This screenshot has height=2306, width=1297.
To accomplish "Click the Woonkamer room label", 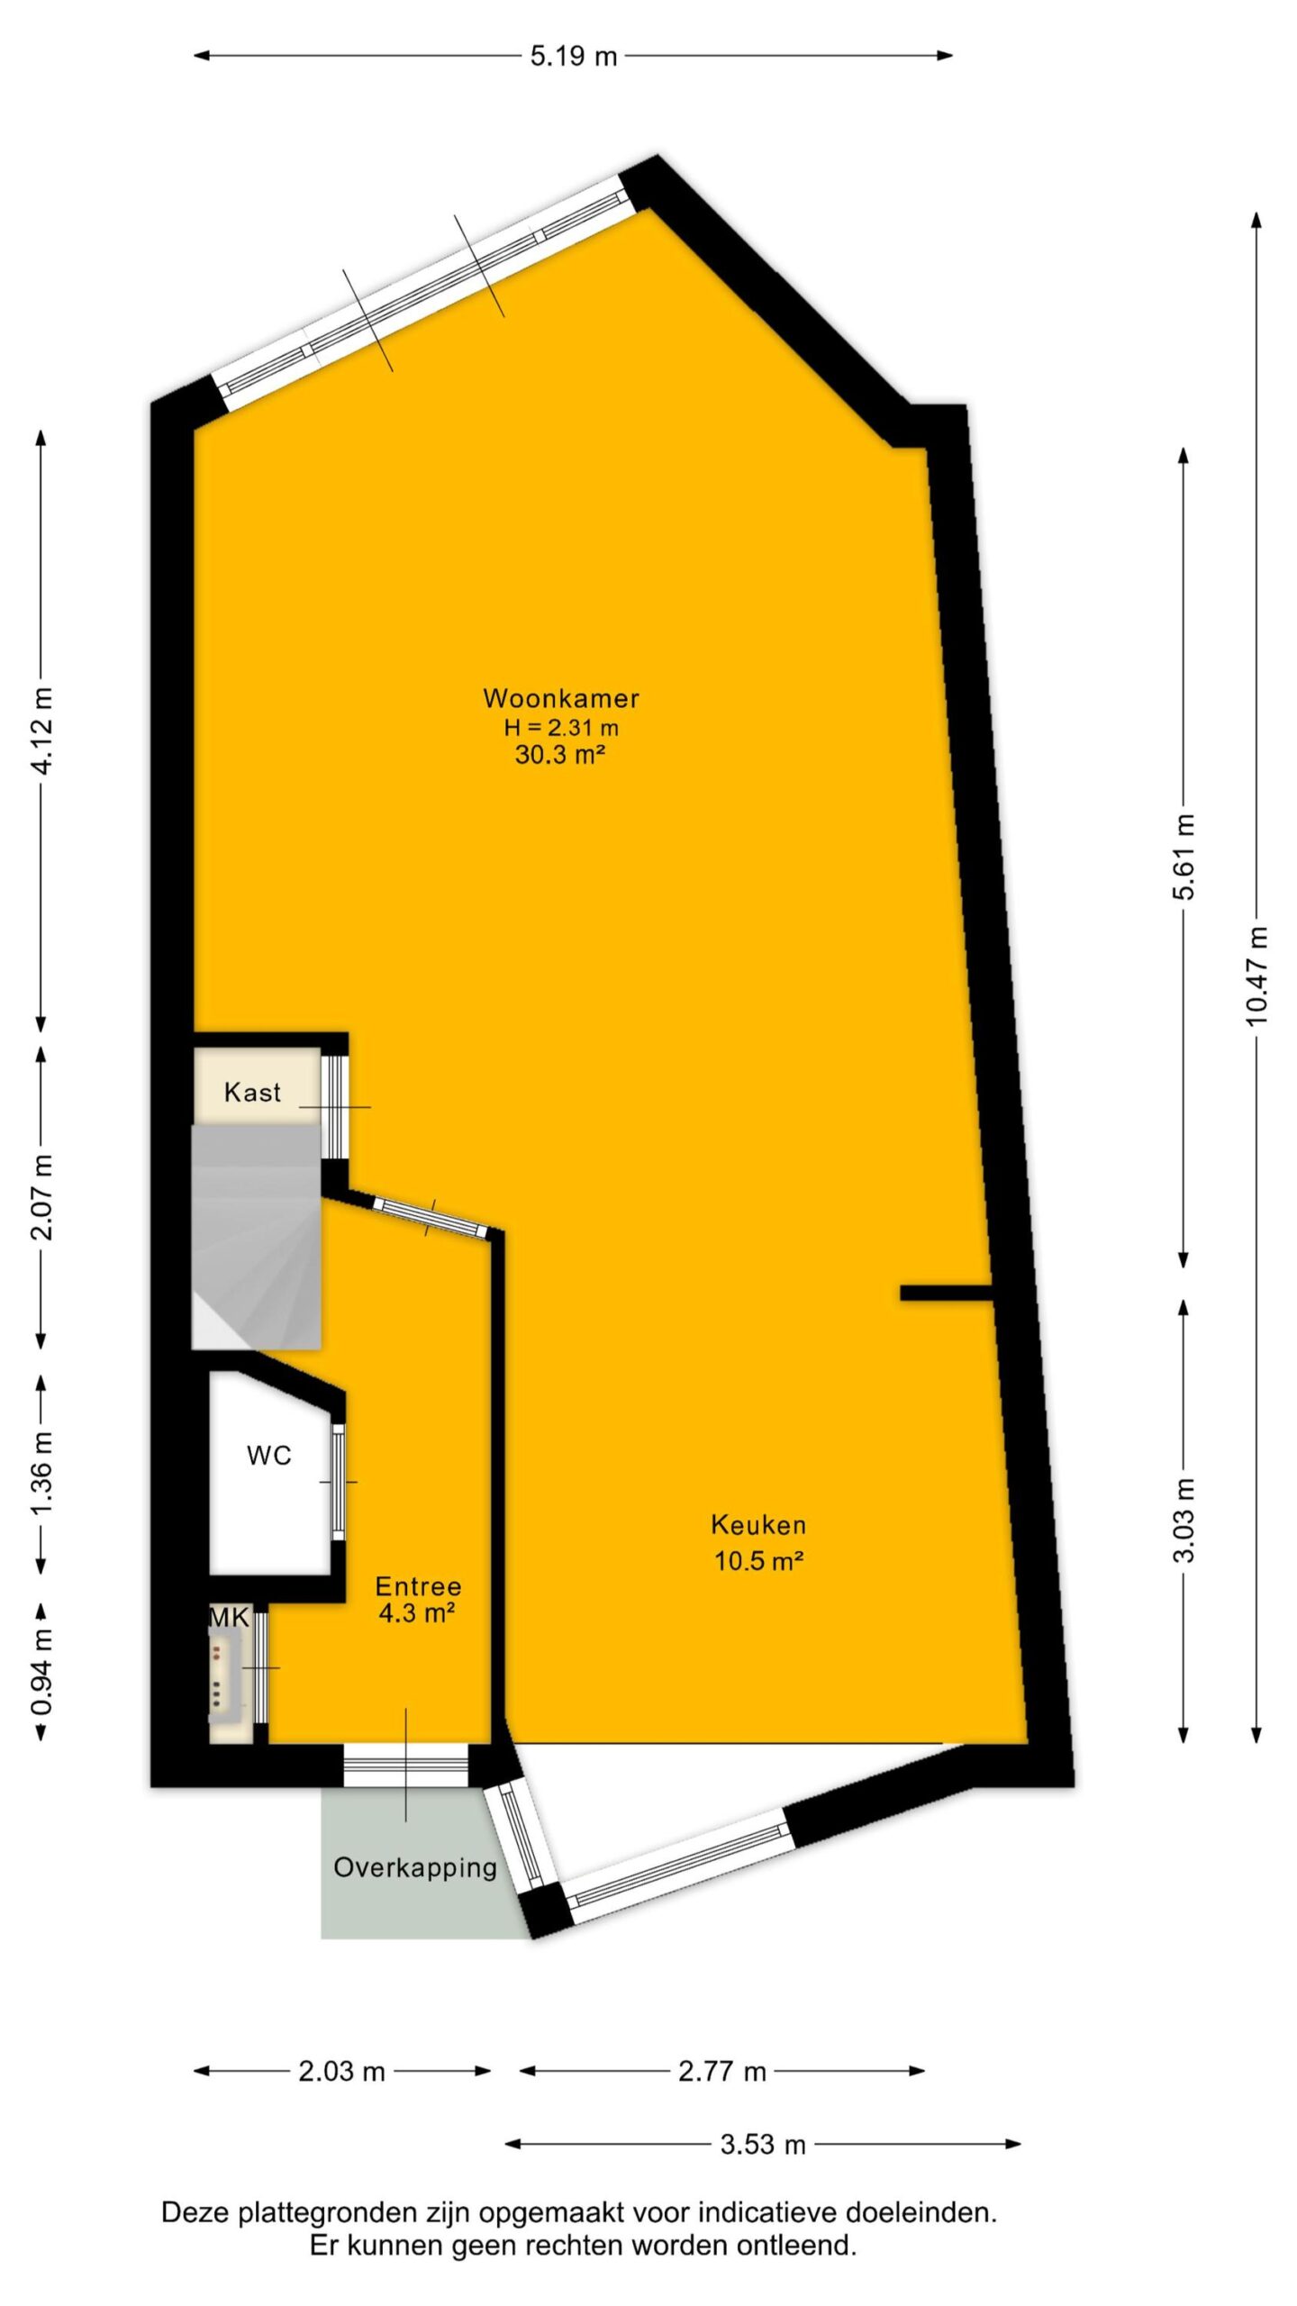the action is click(561, 698).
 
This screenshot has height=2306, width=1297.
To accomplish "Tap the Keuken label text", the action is click(758, 1524).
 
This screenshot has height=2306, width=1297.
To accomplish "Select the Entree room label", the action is click(418, 1585).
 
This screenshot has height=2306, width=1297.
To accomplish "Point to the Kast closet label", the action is click(252, 1093).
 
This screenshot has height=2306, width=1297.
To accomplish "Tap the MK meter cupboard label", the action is click(229, 1617).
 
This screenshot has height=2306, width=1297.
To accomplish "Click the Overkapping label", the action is click(415, 1868).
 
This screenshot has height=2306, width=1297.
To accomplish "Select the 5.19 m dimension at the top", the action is click(574, 56).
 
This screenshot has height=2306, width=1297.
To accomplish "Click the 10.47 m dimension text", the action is click(1257, 975).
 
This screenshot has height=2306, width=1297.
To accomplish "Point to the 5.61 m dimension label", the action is click(1184, 856).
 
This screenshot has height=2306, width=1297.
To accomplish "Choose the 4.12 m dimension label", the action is click(41, 730).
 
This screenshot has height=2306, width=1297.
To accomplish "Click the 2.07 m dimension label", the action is click(41, 1197).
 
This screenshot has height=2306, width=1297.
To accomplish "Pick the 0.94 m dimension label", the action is click(41, 1672).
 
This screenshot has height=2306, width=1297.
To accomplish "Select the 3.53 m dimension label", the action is click(762, 2145).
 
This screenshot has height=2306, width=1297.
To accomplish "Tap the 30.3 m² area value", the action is click(559, 754).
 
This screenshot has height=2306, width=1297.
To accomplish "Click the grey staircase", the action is click(257, 1236).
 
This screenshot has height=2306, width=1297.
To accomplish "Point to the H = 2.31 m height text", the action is click(561, 727).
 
